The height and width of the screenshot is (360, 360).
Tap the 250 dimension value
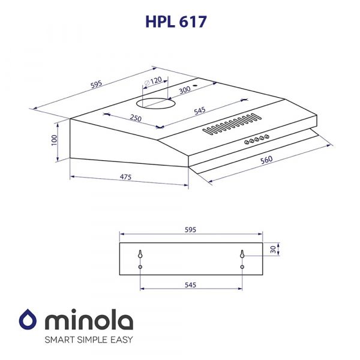coord(136,118)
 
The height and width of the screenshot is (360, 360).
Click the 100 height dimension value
coord(54,139)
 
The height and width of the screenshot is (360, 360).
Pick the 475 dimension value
coord(125,177)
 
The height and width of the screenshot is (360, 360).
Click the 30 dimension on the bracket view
coord(274,249)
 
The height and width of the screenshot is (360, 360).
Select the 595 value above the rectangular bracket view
coord(191,230)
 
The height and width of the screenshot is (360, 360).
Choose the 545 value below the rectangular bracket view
coord(191,286)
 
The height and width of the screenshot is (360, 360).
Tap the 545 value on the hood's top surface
coord(200,110)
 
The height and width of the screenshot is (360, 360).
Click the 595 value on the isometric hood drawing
coord(95,85)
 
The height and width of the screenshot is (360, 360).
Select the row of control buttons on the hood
coord(256,140)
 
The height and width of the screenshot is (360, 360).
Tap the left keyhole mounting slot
coord(140,255)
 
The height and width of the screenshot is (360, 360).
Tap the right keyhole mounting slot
coord(242,255)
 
